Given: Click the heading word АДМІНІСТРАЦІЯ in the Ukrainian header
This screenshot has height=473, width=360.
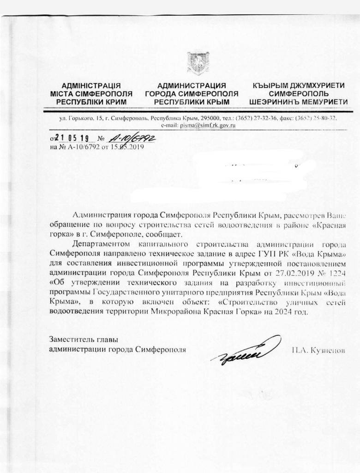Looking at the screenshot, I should pos(91,85).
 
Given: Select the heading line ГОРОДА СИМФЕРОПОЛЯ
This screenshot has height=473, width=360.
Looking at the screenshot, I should pos(192,93).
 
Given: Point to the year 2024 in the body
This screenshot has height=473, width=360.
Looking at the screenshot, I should pos(283,311).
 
